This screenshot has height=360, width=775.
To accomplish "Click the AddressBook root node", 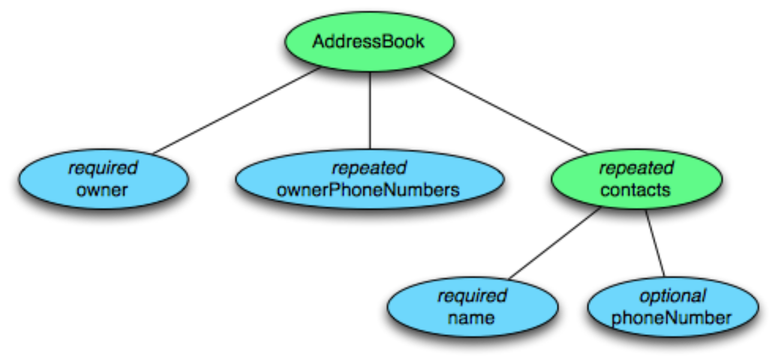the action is (x=370, y=41).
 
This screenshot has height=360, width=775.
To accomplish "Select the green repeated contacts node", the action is (x=636, y=179).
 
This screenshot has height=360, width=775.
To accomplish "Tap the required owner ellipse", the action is (x=103, y=179).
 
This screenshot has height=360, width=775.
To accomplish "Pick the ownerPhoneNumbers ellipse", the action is (x=370, y=179).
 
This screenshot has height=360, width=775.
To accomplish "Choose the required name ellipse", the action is (x=473, y=307).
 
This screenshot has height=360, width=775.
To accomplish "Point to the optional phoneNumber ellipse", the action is (x=673, y=307).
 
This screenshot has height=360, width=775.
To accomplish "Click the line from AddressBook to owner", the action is (x=237, y=110).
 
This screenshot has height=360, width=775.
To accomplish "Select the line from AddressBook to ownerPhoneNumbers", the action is (x=370, y=110).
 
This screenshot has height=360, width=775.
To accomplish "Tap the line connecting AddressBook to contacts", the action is (x=503, y=110).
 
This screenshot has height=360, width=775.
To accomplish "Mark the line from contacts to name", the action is (x=555, y=244).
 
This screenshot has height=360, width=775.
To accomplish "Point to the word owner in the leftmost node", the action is (x=102, y=190).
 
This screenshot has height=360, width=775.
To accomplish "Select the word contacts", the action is (x=636, y=190).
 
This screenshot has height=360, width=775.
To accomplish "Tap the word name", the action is (x=471, y=318).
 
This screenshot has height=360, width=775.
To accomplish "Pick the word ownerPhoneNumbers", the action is (x=368, y=190).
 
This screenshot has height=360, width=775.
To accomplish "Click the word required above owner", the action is (x=103, y=169).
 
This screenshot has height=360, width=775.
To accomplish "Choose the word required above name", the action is (x=472, y=296).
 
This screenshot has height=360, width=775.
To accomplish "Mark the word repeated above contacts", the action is (x=636, y=169).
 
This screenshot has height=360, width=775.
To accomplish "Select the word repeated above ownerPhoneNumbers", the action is (x=369, y=169).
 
